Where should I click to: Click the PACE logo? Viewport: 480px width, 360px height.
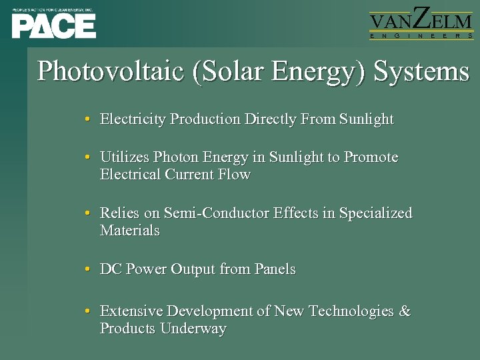point(53,23)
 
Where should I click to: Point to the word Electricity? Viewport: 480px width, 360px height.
point(133,119)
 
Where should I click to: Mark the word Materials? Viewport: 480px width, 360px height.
point(130,231)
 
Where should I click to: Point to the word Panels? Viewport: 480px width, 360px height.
point(275,269)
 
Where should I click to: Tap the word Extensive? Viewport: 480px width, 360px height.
point(131,311)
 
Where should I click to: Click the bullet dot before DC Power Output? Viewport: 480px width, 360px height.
point(88,270)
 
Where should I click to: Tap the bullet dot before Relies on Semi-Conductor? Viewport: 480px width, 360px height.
point(88,214)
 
